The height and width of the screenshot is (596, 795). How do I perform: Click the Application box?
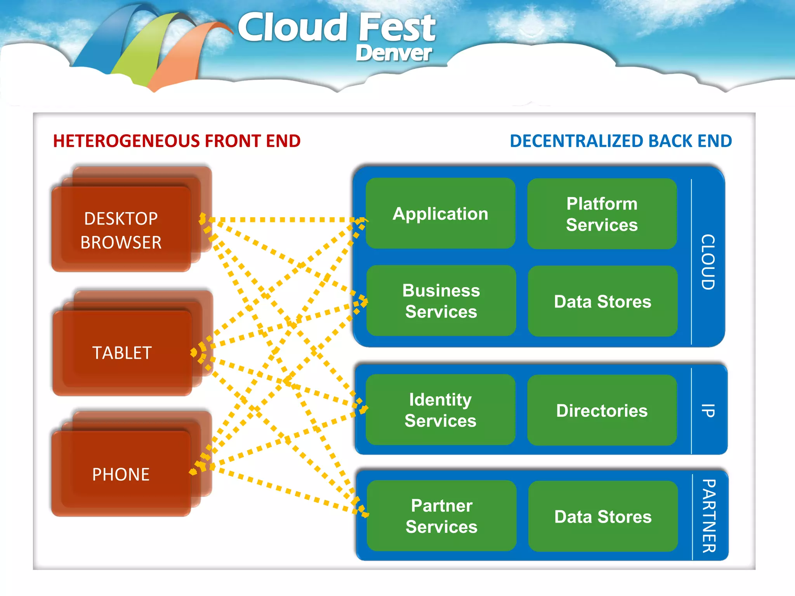click(x=440, y=213)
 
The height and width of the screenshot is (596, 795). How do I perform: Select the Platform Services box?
click(x=602, y=214)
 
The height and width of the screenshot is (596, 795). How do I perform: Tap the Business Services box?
click(x=441, y=301)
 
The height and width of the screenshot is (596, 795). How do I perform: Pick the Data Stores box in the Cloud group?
click(x=602, y=301)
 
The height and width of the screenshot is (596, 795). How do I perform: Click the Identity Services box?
click(x=440, y=410)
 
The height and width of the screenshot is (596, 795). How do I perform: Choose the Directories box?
click(x=602, y=410)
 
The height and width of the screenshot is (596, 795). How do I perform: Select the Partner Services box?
click(x=441, y=516)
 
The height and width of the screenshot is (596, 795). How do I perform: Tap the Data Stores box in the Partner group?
click(x=603, y=516)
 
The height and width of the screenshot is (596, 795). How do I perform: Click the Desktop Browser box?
click(x=121, y=230)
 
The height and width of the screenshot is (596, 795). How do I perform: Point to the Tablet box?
click(x=122, y=353)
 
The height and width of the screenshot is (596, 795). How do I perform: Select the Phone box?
click(x=121, y=474)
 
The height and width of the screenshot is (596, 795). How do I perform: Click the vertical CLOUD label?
click(x=708, y=262)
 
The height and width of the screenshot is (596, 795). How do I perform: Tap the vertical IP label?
click(x=708, y=411)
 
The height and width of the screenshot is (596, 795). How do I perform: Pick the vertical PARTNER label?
click(x=709, y=516)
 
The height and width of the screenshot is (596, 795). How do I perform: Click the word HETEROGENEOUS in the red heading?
click(x=127, y=141)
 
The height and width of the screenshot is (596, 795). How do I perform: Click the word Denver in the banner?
click(x=393, y=53)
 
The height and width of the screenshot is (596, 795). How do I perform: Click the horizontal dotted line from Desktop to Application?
click(x=283, y=220)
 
